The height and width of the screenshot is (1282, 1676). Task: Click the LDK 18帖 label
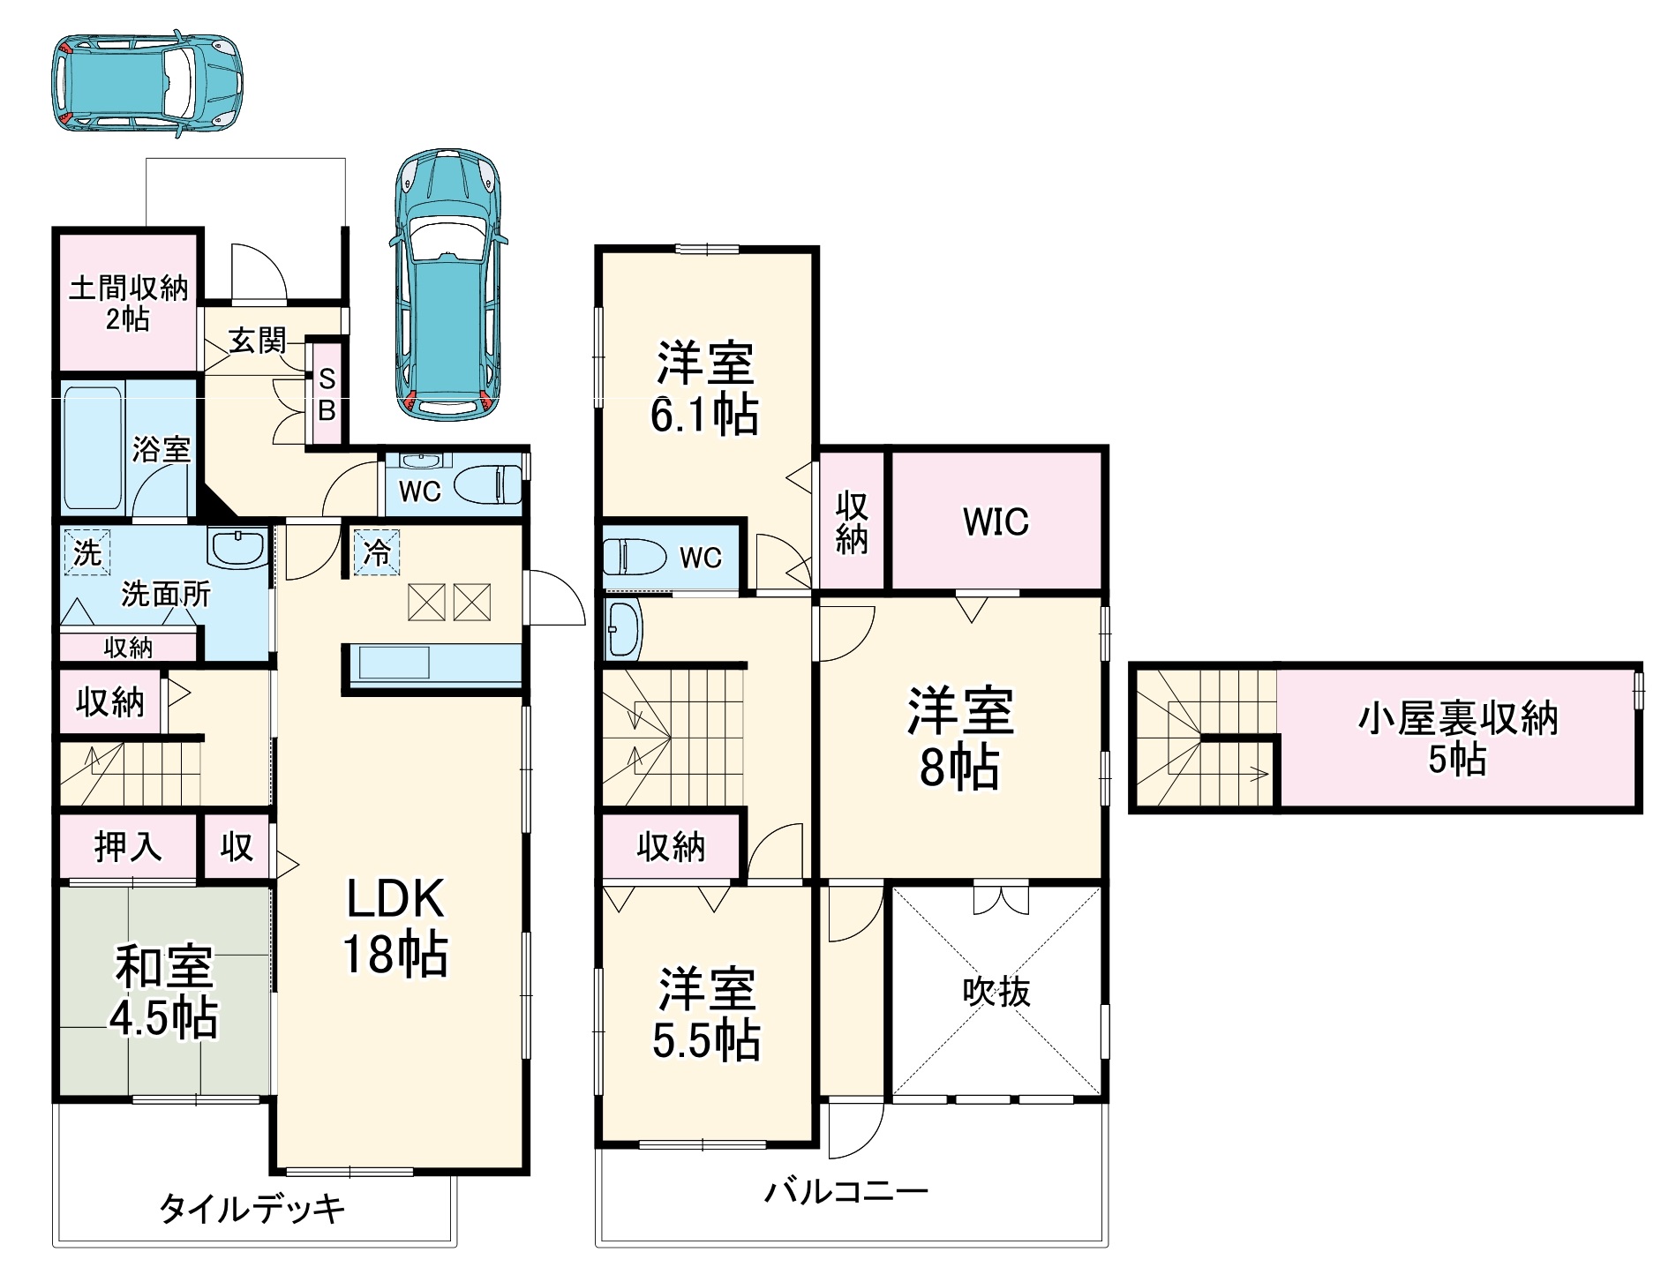[x=395, y=926]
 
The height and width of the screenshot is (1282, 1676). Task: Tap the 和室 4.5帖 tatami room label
[x=163, y=992]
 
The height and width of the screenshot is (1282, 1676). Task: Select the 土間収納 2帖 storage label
[x=128, y=303]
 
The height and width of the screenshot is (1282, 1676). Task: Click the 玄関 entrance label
[x=257, y=340]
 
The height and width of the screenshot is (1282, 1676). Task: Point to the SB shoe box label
[x=327, y=394]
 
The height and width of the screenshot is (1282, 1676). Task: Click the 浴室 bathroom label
[x=162, y=449]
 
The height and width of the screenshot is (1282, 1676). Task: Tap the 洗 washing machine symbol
[x=86, y=552]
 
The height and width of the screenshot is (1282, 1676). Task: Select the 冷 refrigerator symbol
[x=377, y=552]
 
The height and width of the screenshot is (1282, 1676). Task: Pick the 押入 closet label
[x=128, y=847]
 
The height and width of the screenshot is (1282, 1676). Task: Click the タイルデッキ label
[x=252, y=1208]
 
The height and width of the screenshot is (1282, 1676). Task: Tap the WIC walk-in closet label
[x=996, y=521]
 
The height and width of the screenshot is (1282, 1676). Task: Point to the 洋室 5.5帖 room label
[x=706, y=1014]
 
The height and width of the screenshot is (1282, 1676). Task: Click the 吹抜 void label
[x=996, y=992]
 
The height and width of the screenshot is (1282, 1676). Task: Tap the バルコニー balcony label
[x=846, y=1193]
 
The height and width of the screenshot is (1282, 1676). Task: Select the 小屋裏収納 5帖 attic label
[x=1457, y=738]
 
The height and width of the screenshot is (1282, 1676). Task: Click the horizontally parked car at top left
[x=147, y=83]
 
